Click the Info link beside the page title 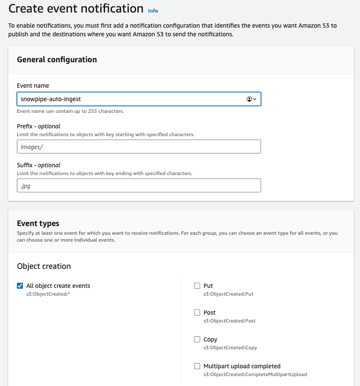pyautogui.click(x=153, y=10)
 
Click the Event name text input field pyautogui.click(x=130, y=99)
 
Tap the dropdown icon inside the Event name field pyautogui.click(x=252, y=99)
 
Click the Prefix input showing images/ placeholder pyautogui.click(x=139, y=147)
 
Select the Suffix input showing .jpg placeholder pyautogui.click(x=139, y=185)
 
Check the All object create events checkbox pyautogui.click(x=20, y=286)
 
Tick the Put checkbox pyautogui.click(x=197, y=286)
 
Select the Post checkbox pyautogui.click(x=197, y=313)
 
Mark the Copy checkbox pyautogui.click(x=197, y=339)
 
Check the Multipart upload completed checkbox pyautogui.click(x=197, y=366)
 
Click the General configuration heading pyautogui.click(x=57, y=60)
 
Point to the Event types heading pyautogui.click(x=38, y=223)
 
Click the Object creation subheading pyautogui.click(x=44, y=266)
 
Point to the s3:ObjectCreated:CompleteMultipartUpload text pyautogui.click(x=255, y=374)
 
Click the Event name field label pyautogui.click(x=33, y=86)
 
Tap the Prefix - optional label pyautogui.click(x=38, y=126)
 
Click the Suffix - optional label pyautogui.click(x=38, y=165)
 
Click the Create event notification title pyautogui.click(x=76, y=9)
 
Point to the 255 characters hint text pyautogui.click(x=70, y=111)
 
